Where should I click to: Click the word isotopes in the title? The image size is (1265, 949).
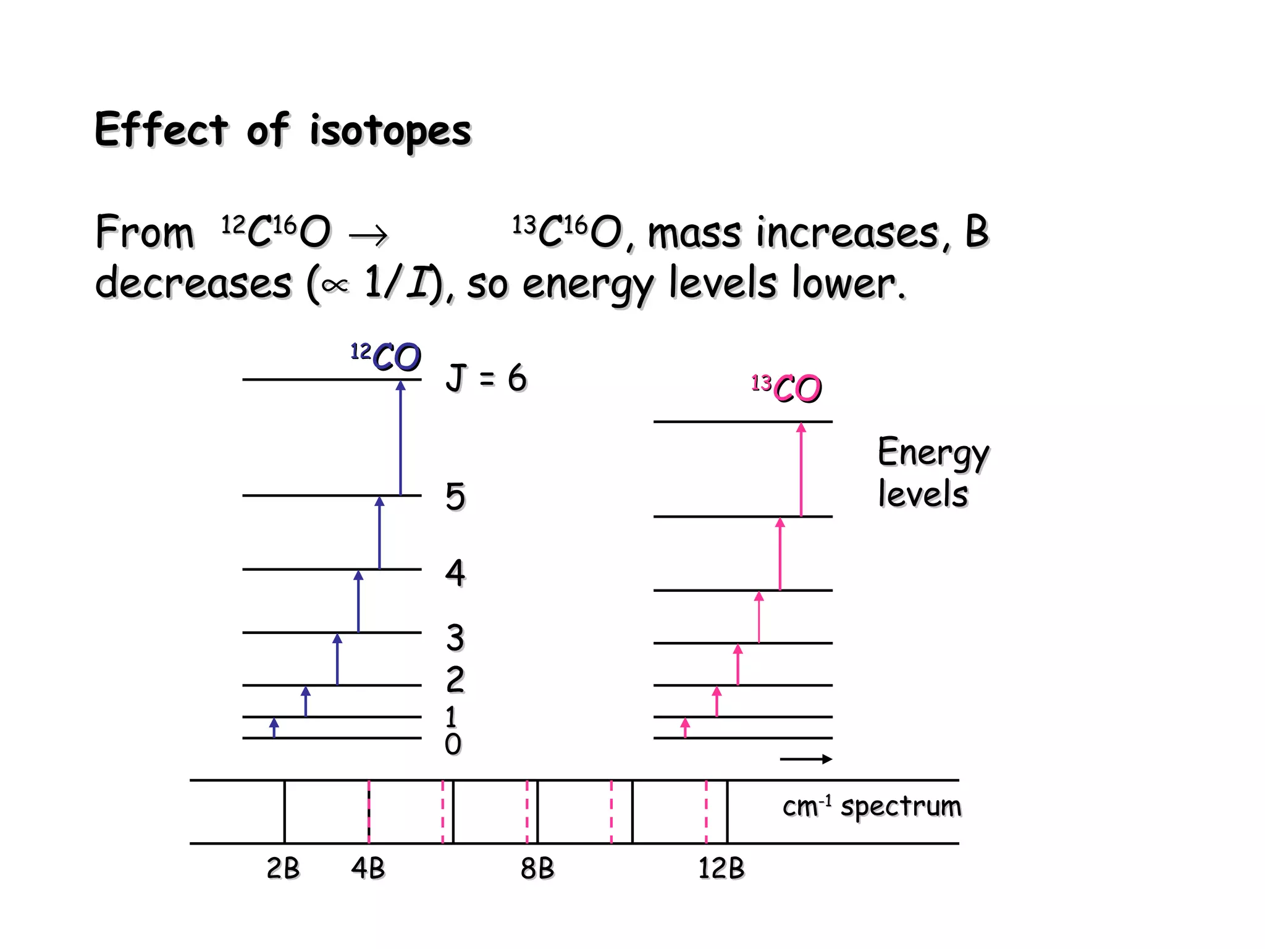coord(390,131)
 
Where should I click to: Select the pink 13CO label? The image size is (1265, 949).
coord(787,388)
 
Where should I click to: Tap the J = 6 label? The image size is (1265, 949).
coord(486,377)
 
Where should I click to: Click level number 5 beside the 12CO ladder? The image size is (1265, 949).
coord(455,496)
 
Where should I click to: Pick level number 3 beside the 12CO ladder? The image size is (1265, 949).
coord(455,638)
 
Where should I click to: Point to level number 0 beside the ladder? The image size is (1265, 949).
coord(453,744)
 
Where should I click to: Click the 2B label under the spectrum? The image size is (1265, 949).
coord(283,868)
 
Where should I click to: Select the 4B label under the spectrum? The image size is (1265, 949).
coord(368,868)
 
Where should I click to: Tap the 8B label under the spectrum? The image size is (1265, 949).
coord(537,868)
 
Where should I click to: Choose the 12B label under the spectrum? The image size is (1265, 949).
coord(721,868)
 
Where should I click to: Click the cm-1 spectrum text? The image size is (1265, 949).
coord(872,806)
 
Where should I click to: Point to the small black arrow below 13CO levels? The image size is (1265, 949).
coord(805,759)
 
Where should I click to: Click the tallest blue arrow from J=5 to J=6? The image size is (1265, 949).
coord(400,439)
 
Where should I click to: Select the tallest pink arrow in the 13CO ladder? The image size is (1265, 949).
coord(801,470)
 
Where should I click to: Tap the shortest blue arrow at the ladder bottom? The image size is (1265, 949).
coord(274,728)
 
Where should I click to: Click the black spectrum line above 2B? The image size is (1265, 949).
coord(285,812)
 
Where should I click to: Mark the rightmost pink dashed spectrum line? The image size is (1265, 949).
coord(706,812)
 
